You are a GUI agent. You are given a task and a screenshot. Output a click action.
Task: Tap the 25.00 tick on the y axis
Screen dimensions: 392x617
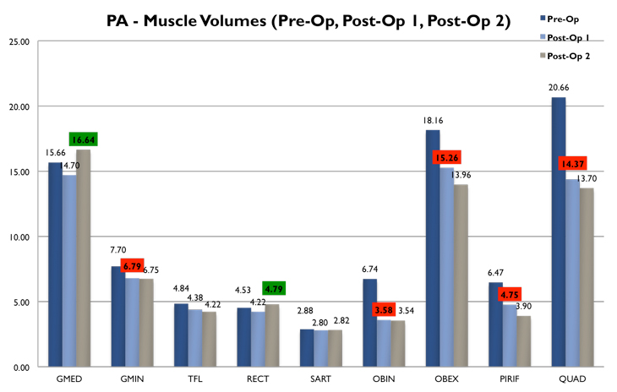tap(18, 41)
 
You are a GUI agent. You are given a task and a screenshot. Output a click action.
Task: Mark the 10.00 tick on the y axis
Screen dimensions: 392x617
tap(18, 237)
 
